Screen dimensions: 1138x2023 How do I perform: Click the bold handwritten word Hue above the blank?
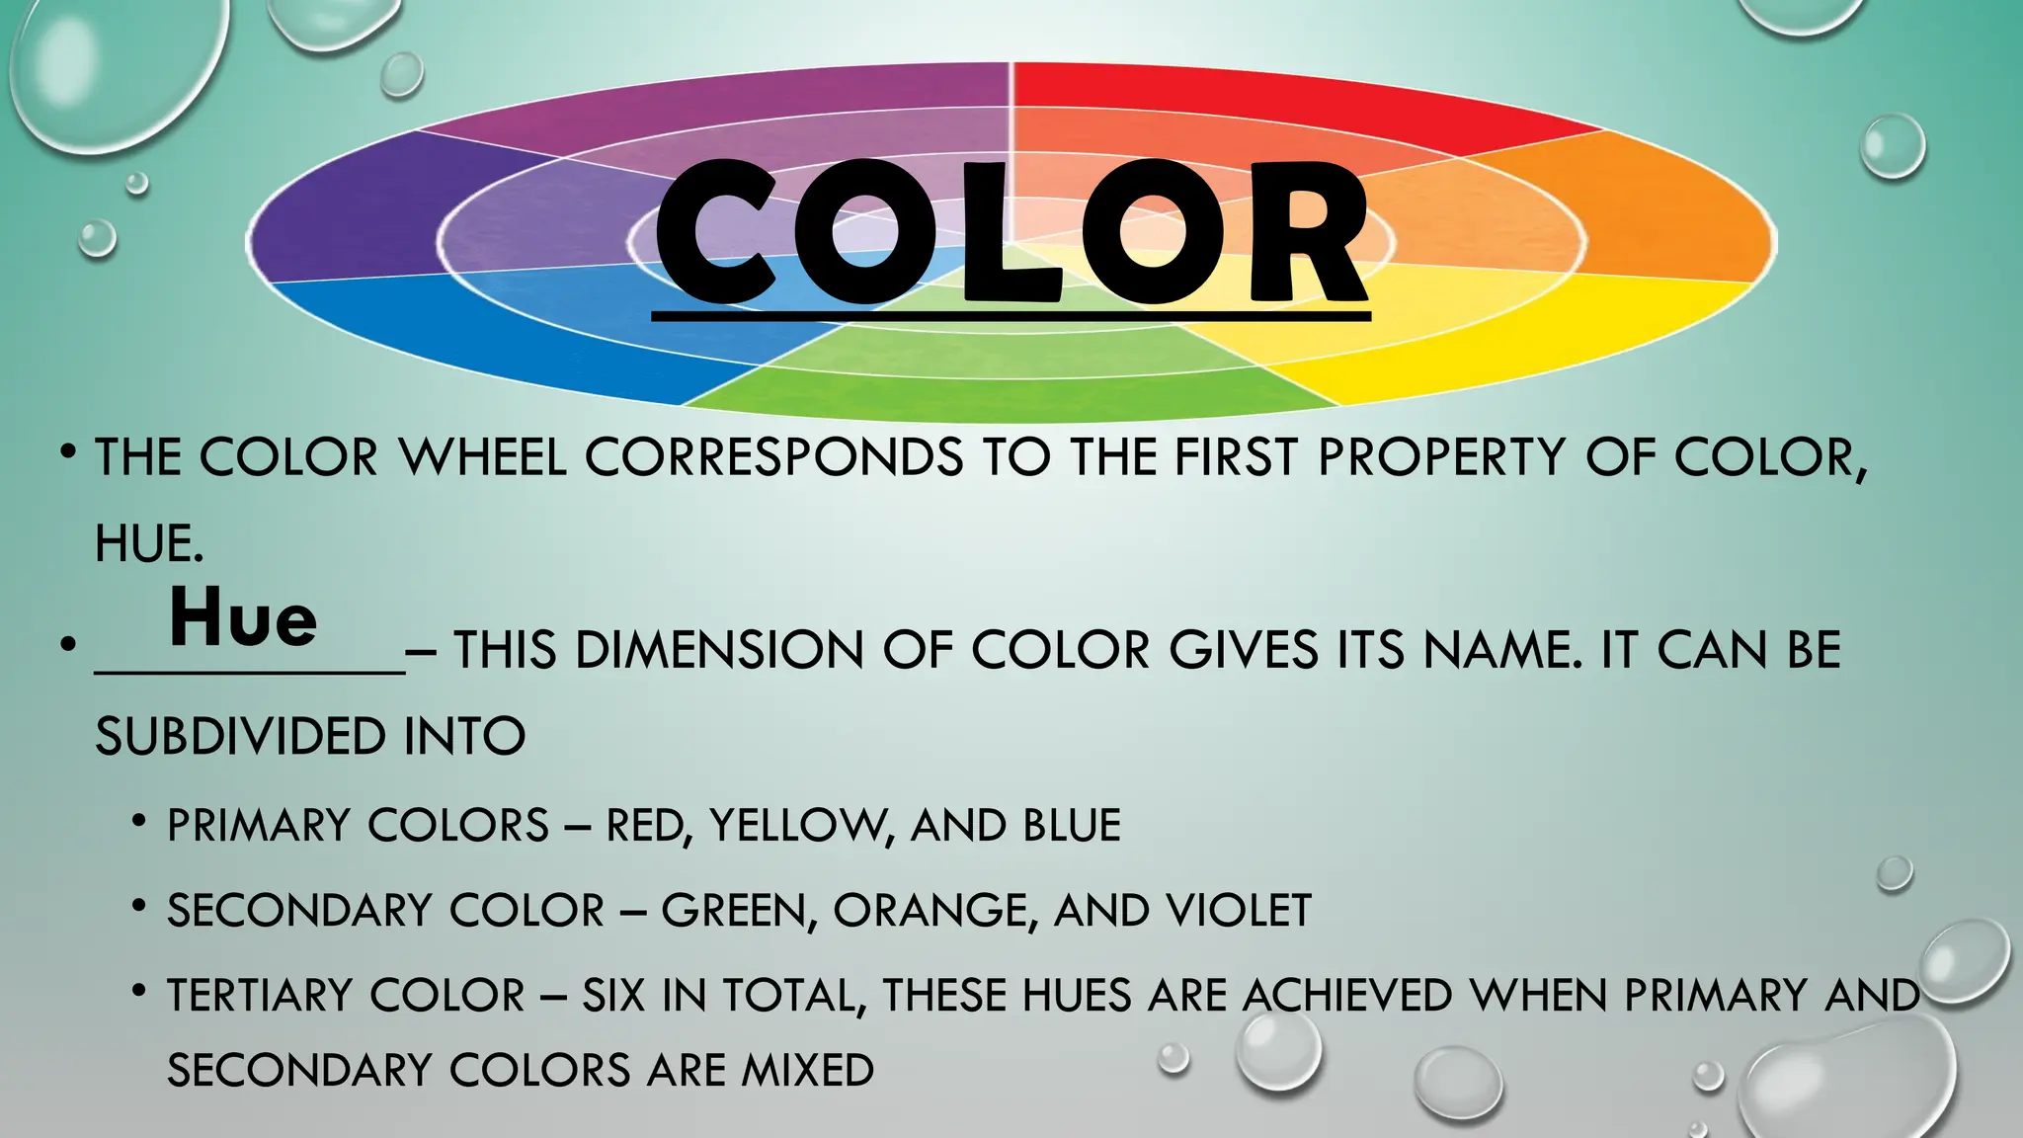click(243, 618)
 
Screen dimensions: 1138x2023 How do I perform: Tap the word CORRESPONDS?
click(773, 458)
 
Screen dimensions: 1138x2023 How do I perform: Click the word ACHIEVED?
click(1347, 996)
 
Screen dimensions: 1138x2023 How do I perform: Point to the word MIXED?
click(807, 1071)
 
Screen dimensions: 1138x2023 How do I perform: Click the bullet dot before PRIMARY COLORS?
click(140, 822)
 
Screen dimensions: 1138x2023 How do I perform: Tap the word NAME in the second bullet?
click(1502, 651)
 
